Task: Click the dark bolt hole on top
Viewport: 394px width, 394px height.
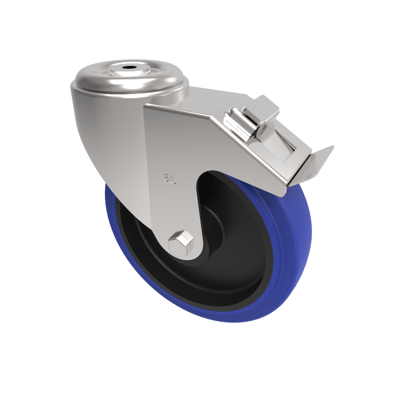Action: pos(130,66)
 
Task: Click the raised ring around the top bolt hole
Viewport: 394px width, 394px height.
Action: pos(130,71)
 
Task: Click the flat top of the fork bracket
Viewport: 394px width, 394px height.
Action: pos(217,98)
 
